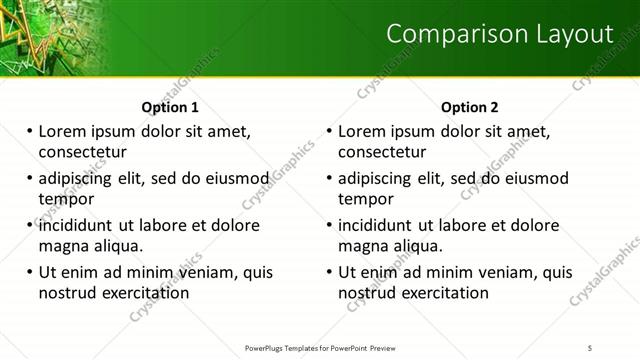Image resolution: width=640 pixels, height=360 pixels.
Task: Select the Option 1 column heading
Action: tap(170, 107)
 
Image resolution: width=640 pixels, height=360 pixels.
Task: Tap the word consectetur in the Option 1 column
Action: tap(83, 152)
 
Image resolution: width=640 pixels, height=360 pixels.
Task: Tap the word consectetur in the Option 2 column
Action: tap(382, 152)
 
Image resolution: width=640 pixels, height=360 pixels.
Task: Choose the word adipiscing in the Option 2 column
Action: tap(376, 178)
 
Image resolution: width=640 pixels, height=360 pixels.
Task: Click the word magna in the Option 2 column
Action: tap(362, 246)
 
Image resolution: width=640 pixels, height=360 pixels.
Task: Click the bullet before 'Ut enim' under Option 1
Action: tap(30, 272)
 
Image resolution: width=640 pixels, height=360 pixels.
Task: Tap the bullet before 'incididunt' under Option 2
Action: tap(329, 225)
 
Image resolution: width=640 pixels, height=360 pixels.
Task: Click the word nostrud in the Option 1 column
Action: tap(67, 293)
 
